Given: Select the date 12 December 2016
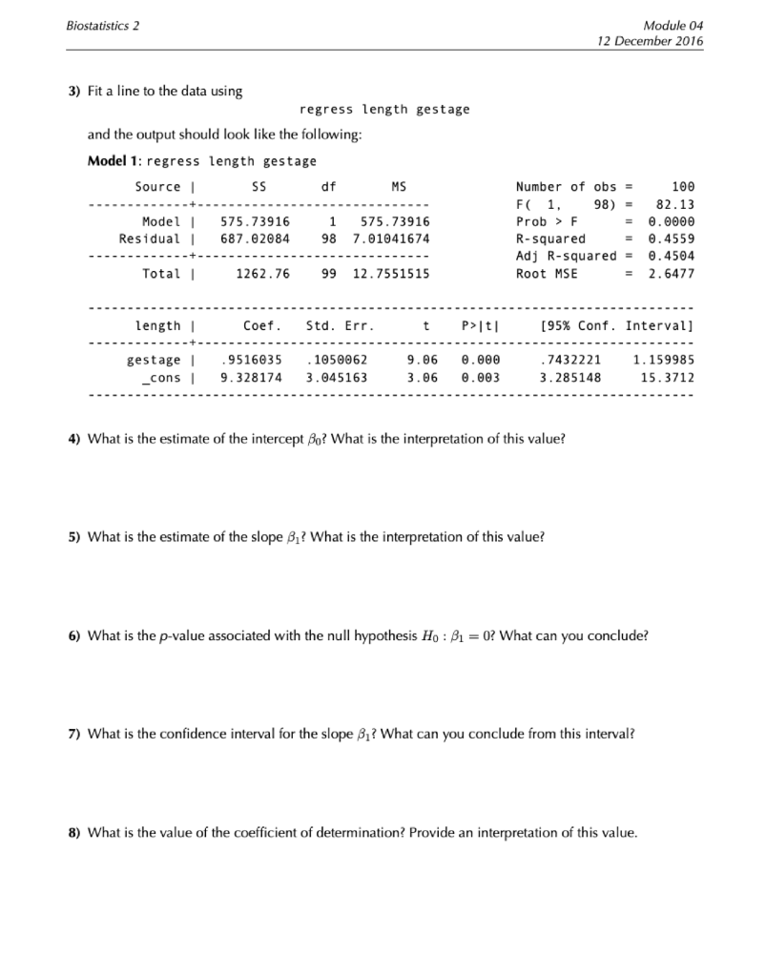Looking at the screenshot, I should (x=649, y=42).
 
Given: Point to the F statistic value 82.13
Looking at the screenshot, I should (x=674, y=204).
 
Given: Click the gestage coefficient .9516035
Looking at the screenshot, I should (x=251, y=360).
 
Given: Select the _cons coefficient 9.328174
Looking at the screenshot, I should (x=251, y=378).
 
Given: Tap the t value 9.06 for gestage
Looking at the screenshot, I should (x=422, y=360).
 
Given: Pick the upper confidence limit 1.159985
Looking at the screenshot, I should (x=663, y=360).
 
